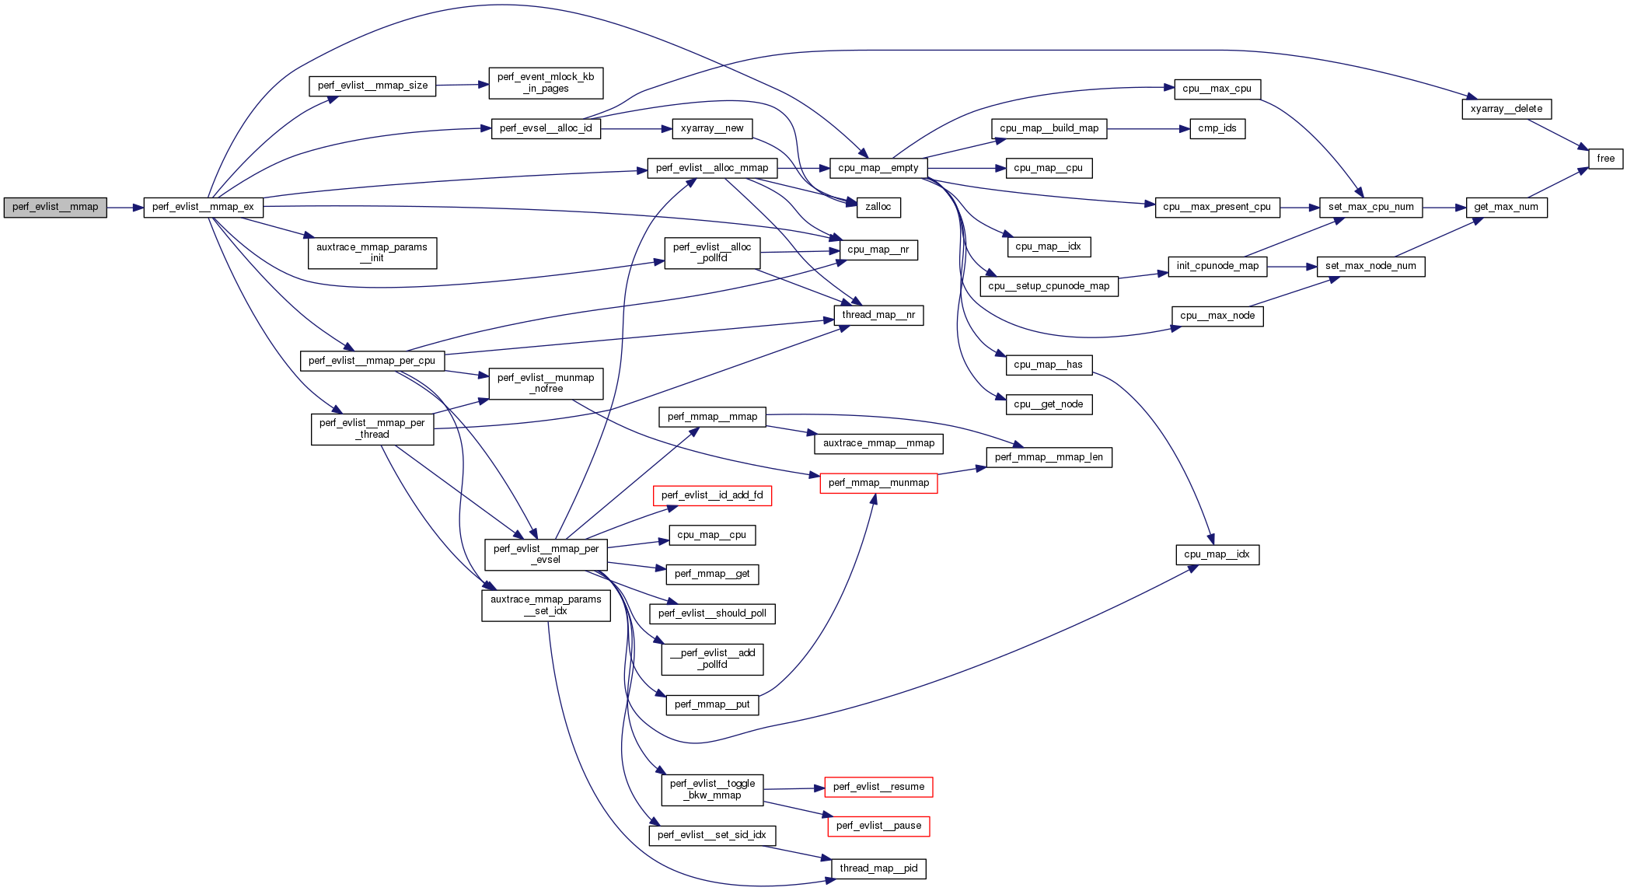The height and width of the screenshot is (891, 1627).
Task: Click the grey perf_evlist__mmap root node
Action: pyautogui.click(x=55, y=207)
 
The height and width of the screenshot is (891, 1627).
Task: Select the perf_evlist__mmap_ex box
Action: pyautogui.click(x=203, y=207)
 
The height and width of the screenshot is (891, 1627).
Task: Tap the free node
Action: pyautogui.click(x=1605, y=159)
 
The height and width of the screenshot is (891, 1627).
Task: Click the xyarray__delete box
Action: pyautogui.click(x=1506, y=109)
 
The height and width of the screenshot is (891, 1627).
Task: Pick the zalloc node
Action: pyautogui.click(x=878, y=207)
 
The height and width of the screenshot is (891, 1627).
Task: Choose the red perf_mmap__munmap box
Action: pyautogui.click(x=878, y=483)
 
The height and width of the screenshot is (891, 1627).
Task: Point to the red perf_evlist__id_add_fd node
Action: pyautogui.click(x=712, y=495)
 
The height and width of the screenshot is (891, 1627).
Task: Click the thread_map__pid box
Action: pyautogui.click(x=878, y=868)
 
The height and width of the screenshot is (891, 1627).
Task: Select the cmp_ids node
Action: pyautogui.click(x=1217, y=128)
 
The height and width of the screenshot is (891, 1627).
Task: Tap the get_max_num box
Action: pyautogui.click(x=1506, y=207)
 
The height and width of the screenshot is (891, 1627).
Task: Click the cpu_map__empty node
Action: pyautogui.click(x=878, y=168)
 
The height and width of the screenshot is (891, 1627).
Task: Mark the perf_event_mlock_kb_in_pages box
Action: pyautogui.click(x=546, y=82)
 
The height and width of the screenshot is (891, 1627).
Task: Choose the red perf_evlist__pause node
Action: pyautogui.click(x=878, y=826)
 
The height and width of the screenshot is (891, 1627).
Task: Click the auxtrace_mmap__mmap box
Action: pyautogui.click(x=878, y=443)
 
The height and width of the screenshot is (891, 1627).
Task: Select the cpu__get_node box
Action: pyautogui.click(x=1048, y=404)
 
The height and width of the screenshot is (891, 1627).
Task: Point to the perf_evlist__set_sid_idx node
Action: pyautogui.click(x=711, y=835)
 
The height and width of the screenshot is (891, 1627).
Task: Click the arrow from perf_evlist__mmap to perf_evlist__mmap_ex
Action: pyautogui.click(x=125, y=208)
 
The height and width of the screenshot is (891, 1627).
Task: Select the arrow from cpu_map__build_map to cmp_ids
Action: pyautogui.click(x=1147, y=128)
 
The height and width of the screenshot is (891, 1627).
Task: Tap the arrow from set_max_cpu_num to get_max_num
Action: pyautogui.click(x=1444, y=208)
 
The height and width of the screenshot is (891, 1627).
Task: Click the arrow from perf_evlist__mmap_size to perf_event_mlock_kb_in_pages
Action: pyautogui.click(x=462, y=85)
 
